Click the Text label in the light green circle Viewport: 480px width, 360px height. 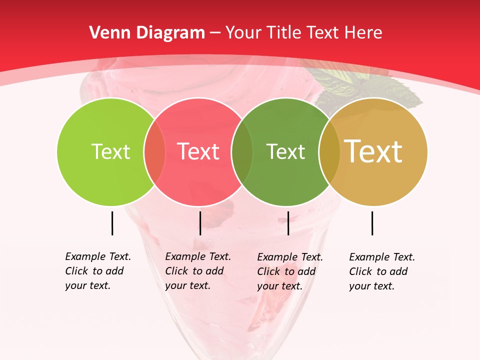pyautogui.click(x=110, y=151)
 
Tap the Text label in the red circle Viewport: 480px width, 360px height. pyautogui.click(x=198, y=151)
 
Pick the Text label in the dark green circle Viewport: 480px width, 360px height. pyautogui.click(x=285, y=151)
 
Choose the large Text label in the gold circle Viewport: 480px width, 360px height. pyautogui.click(x=373, y=151)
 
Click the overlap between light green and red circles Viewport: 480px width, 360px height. pyautogui.click(x=154, y=151)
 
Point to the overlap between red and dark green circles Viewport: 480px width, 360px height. pyautogui.click(x=242, y=151)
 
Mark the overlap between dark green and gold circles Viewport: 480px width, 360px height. pyautogui.click(x=329, y=151)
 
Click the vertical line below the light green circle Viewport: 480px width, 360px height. pyautogui.click(x=112, y=223)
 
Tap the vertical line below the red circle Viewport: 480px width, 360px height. pyautogui.click(x=200, y=223)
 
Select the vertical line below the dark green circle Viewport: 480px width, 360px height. pyautogui.click(x=288, y=223)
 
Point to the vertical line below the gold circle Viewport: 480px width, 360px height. pyautogui.click(x=372, y=223)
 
